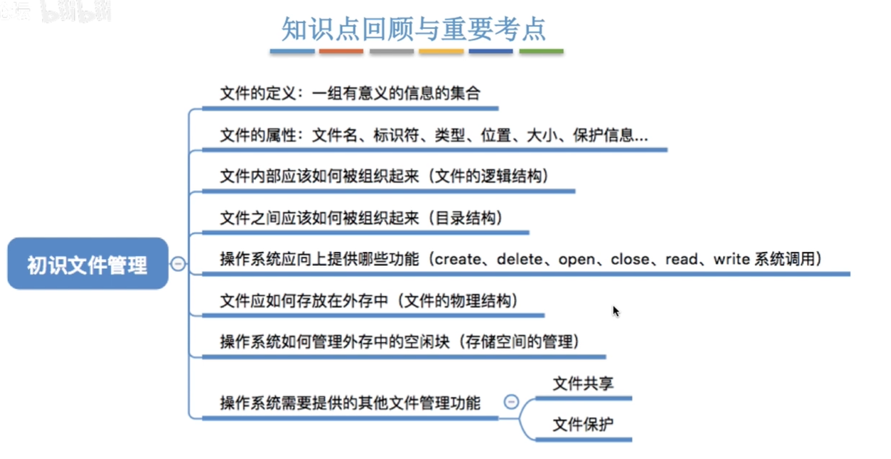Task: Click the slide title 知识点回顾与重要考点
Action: pyautogui.click(x=413, y=28)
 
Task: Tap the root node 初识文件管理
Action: pyautogui.click(x=88, y=263)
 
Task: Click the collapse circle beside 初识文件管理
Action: pyautogui.click(x=178, y=264)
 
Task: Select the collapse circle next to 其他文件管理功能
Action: pyautogui.click(x=511, y=401)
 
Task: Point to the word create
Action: pyautogui.click(x=458, y=260)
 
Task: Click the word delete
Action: pyautogui.click(x=519, y=260)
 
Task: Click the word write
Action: pyautogui.click(x=732, y=260)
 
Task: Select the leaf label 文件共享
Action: pyautogui.click(x=583, y=383)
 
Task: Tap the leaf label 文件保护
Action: pyautogui.click(x=583, y=424)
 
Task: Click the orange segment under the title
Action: pyautogui.click(x=341, y=51)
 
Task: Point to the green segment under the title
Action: pyautogui.click(x=541, y=51)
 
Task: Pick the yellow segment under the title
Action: pyautogui.click(x=441, y=51)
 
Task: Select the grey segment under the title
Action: pyautogui.click(x=392, y=51)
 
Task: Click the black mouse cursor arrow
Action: pyautogui.click(x=616, y=311)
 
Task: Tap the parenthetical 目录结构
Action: pyautogui.click(x=466, y=218)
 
